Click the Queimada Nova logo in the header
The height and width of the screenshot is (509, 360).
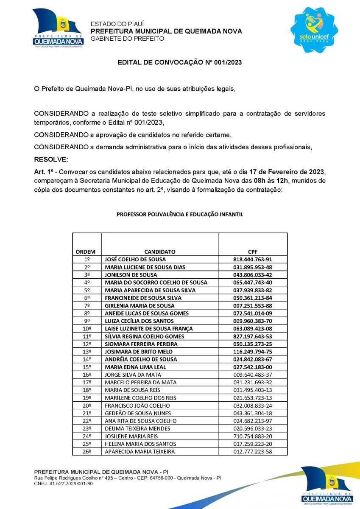click(x=58, y=28)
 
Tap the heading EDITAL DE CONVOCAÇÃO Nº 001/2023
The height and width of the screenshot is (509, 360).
click(x=180, y=62)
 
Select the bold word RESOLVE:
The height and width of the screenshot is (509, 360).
click(x=51, y=160)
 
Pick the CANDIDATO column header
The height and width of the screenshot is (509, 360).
click(x=159, y=252)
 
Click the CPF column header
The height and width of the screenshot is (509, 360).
click(x=253, y=252)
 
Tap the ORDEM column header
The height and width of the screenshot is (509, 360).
click(x=85, y=252)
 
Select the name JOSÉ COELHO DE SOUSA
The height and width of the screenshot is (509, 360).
click(x=135, y=259)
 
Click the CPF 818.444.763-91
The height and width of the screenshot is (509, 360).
click(x=253, y=259)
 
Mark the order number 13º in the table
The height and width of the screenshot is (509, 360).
click(x=87, y=352)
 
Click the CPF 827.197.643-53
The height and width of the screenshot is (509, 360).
click(x=253, y=336)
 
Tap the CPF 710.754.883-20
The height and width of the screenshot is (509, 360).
click(x=253, y=436)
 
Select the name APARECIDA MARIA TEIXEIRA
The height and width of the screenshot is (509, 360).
click(x=140, y=452)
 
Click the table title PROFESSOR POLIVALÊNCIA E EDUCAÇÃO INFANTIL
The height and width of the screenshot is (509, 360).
click(x=180, y=215)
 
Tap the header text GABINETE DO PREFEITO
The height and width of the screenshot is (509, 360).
click(x=127, y=39)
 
